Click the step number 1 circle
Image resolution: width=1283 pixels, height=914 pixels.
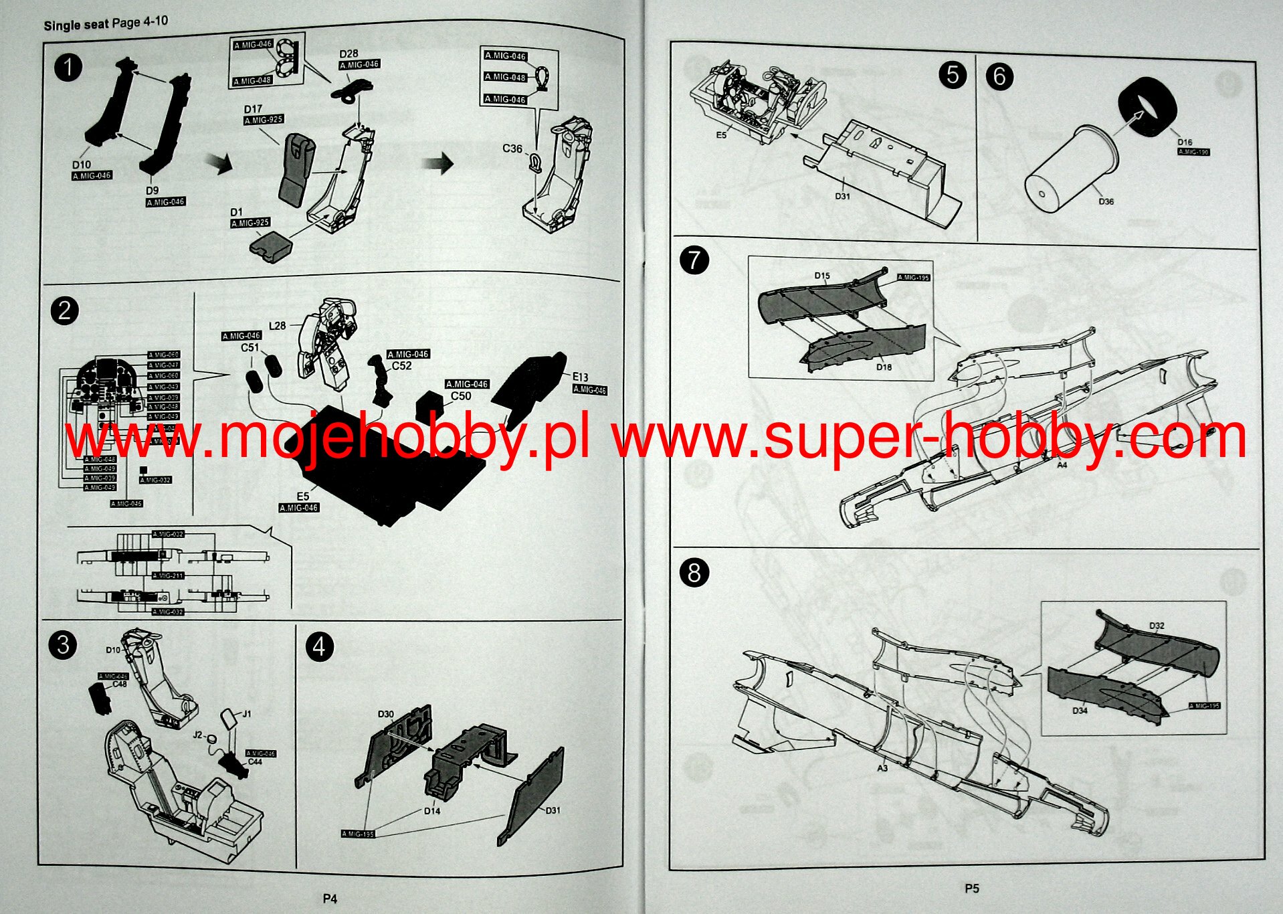(68, 68)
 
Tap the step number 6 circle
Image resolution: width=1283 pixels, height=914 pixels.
(999, 76)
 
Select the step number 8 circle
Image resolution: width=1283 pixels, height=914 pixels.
(694, 573)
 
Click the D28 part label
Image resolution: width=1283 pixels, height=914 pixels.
(349, 54)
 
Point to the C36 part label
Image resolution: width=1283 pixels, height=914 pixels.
(512, 149)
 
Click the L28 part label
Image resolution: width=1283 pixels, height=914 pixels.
(277, 326)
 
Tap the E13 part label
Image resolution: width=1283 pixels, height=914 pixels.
(580, 377)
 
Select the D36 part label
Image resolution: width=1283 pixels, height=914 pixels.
(1106, 201)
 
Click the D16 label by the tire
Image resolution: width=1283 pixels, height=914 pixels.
(1185, 142)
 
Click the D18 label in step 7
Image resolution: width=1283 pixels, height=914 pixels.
(884, 367)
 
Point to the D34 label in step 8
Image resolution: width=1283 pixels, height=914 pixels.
(1080, 711)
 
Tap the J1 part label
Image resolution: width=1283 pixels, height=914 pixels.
(247, 714)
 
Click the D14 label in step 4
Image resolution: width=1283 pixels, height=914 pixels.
(432, 811)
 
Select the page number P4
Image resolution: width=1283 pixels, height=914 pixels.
(330, 899)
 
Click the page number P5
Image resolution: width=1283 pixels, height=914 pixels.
(971, 889)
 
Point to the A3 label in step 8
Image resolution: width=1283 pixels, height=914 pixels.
(882, 768)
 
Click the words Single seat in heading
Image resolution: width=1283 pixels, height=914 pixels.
(76, 25)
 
